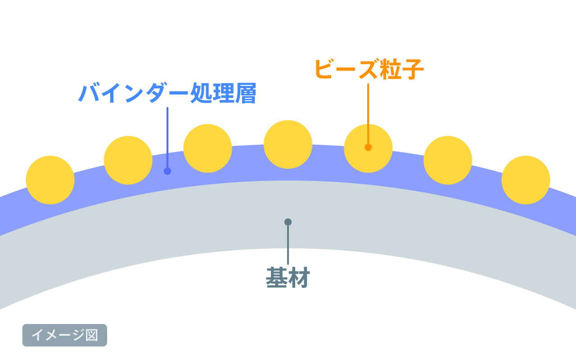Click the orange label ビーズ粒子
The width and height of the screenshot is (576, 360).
point(369,69)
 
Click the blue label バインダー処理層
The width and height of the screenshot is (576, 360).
point(167,93)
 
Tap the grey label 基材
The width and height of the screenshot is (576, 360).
point(288,278)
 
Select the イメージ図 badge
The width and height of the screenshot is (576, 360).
point(65,335)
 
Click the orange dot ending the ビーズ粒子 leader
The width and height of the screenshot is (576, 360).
point(368,147)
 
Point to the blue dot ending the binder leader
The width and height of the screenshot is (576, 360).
point(167,171)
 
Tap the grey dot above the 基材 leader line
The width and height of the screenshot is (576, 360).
point(288,222)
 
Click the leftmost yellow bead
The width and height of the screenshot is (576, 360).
point(50,180)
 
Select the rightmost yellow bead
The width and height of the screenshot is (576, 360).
point(526,180)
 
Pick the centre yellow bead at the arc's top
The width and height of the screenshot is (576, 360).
point(288,144)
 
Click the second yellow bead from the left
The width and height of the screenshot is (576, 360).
point(128,160)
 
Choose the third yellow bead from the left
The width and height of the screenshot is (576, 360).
point(207,148)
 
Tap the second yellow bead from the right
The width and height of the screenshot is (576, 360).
point(448,160)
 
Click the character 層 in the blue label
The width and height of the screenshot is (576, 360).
point(246,93)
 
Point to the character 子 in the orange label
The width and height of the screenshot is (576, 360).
point(413,69)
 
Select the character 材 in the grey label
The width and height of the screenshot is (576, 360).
point(299,278)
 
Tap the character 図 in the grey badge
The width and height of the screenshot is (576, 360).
point(92,335)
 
